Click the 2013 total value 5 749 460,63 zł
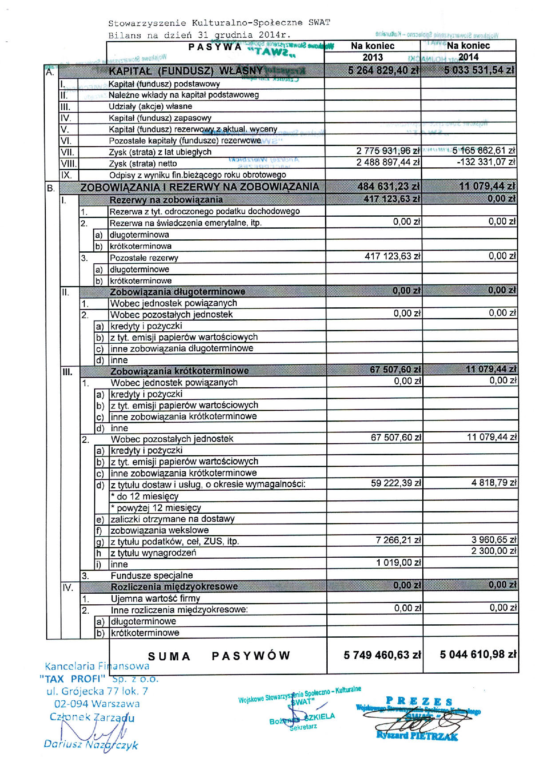tap(382, 655)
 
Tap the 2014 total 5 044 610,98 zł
tap(478, 655)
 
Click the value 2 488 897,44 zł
tap(388, 163)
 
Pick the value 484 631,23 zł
tap(388, 187)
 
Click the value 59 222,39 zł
tap(396, 483)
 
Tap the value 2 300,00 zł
tap(494, 551)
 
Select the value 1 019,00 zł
tap(398, 563)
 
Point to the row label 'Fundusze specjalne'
tap(152, 575)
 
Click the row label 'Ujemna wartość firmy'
tap(155, 598)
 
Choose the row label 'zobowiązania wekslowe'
tap(159, 530)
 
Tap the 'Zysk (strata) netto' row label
tap(143, 163)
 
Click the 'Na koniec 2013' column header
tap(373, 51)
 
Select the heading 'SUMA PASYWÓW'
tap(219, 656)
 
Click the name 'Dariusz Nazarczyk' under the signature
tap(91, 745)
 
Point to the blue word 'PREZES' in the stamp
tap(419, 701)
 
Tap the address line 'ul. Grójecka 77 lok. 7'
tap(97, 691)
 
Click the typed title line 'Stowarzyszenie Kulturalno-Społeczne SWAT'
tap(219, 23)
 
